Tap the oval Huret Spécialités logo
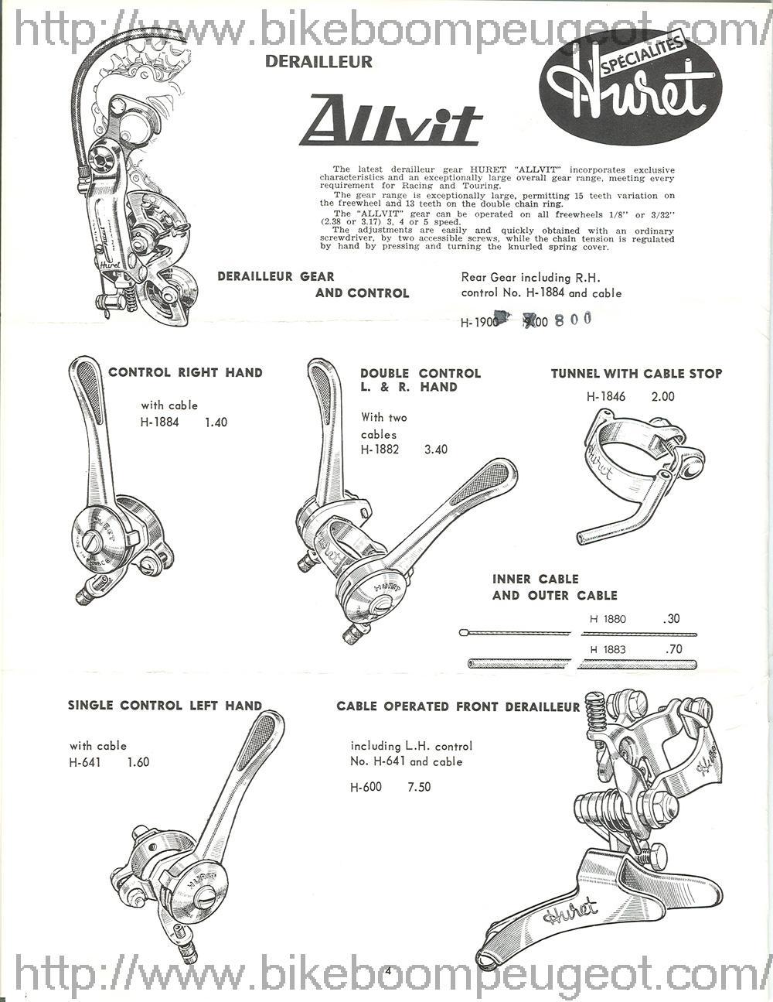[630, 87]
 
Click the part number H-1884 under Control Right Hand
[160, 422]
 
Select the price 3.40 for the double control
[435, 449]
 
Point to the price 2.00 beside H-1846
[662, 397]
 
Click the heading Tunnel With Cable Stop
[636, 373]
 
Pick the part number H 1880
[608, 619]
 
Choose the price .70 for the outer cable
[673, 649]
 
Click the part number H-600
[366, 788]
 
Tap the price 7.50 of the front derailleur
[418, 788]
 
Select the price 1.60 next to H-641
[138, 762]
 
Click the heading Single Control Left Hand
[165, 705]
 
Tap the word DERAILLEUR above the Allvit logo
[318, 61]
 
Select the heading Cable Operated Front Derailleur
[458, 706]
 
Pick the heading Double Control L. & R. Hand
[420, 380]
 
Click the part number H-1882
[380, 449]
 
